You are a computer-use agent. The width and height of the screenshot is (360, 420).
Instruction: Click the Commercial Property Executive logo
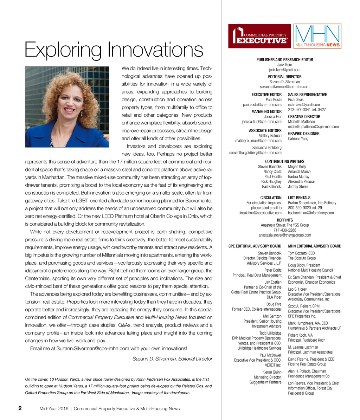tap(259, 36)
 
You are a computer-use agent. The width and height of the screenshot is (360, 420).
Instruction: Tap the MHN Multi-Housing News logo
tap(317, 36)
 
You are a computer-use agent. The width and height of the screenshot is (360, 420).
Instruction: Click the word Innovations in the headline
tap(155, 50)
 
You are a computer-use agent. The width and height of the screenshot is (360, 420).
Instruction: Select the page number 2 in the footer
tap(20, 408)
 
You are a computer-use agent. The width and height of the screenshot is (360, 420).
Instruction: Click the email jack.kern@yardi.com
tap(284, 70)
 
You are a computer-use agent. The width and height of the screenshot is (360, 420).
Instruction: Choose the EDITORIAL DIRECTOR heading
tap(284, 77)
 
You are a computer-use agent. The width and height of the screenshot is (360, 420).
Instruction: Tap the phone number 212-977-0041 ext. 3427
tap(307, 109)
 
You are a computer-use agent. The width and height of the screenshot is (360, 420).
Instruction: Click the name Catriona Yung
tap(298, 138)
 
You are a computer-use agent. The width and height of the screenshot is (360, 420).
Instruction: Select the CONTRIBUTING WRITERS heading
tap(284, 161)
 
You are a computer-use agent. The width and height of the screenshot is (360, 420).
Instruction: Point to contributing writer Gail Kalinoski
tap(272, 187)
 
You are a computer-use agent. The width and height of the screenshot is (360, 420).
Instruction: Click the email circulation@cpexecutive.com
tap(260, 213)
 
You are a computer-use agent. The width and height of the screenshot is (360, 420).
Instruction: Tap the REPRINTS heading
tap(284, 220)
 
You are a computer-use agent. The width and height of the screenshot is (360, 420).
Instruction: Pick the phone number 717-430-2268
tap(284, 230)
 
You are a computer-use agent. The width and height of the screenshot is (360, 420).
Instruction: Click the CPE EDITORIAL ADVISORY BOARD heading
tap(255, 246)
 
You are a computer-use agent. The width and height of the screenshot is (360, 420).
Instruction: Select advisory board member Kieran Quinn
tap(272, 372)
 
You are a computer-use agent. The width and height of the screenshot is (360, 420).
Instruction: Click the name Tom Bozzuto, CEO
tap(301, 253)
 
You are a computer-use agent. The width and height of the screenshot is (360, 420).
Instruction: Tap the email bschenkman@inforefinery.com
tap(311, 213)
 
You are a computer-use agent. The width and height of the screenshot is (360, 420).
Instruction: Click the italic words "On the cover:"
tap(38, 379)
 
